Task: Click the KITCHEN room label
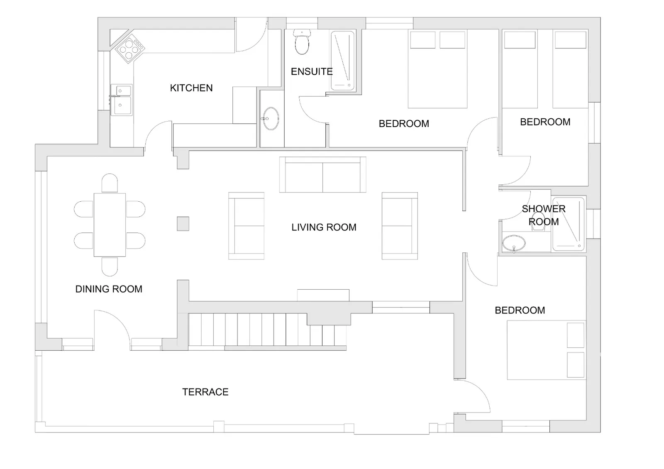coord(191,88)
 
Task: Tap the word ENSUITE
coord(312,72)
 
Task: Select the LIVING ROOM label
coord(324,227)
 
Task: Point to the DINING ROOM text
coord(109,289)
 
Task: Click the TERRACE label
coord(205,392)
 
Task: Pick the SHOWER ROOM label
coord(544,215)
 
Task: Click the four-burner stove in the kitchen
coord(130,48)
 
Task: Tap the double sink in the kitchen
coord(122,100)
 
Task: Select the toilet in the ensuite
coord(302,42)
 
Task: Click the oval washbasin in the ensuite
coord(271,119)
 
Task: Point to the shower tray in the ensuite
coord(342,61)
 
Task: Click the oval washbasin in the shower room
coord(513,244)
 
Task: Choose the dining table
coord(110,225)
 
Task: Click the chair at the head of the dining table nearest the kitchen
coord(110,183)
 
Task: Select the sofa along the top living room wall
coord(322,175)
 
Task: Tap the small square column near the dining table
coord(183,224)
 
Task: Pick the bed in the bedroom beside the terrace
coord(547,350)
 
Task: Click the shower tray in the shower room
coord(569,224)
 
